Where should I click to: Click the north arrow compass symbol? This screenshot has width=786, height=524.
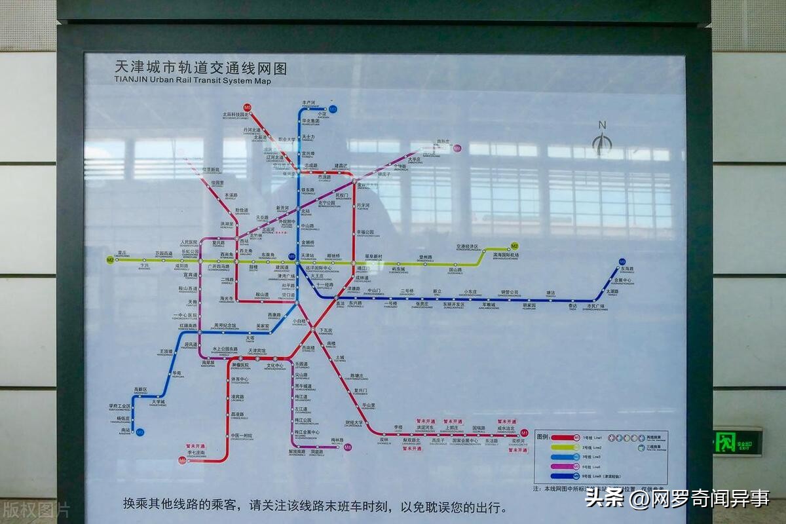(601, 141)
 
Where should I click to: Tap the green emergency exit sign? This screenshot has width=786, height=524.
(737, 442)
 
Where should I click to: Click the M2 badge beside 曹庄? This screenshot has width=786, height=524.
(110, 260)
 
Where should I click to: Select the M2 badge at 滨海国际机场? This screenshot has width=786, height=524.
(515, 246)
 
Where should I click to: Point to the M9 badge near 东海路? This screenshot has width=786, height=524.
(622, 261)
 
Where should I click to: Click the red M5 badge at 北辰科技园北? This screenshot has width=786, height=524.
(247, 107)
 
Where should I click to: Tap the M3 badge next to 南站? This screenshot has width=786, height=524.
(140, 432)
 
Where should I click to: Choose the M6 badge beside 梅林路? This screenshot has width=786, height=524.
(348, 447)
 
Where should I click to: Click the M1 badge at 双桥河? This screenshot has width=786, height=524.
(524, 433)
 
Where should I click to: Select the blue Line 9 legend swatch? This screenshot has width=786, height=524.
(564, 476)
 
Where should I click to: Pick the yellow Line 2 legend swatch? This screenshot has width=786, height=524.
(564, 447)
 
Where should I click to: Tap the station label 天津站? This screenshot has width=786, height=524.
(308, 255)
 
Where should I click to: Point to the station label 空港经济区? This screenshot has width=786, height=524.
(468, 247)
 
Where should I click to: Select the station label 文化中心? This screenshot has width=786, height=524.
(274, 365)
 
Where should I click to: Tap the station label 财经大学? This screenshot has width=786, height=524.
(354, 422)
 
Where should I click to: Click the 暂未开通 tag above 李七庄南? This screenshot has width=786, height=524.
(196, 446)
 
